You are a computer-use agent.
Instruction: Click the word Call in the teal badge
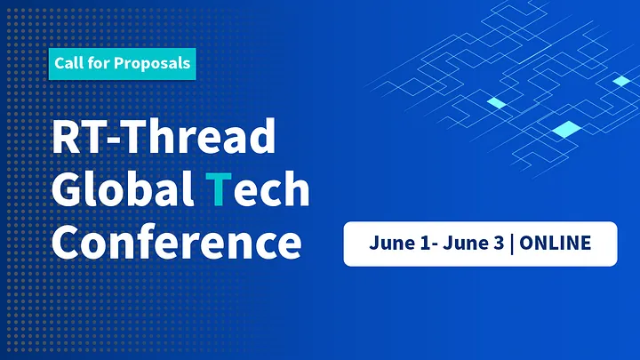coord(68,63)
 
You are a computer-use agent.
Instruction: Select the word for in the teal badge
coord(97,63)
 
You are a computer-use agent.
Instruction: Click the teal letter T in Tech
coord(219,188)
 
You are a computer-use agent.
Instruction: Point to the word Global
coord(123,188)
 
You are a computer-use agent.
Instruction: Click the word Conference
coord(176,241)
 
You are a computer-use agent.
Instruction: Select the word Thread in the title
coord(200,135)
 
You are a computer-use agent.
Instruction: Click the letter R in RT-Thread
coord(66,136)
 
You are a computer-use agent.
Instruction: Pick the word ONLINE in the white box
coord(555,243)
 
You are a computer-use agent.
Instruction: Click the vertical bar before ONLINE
coord(512,244)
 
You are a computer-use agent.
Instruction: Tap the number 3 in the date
coord(499,243)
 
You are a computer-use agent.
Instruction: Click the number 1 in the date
coord(425,243)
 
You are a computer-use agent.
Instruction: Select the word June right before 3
coord(466,243)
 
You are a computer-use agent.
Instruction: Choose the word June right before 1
coord(392,243)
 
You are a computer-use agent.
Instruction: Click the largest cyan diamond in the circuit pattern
coord(566,129)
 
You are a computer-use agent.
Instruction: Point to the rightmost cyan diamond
coord(621,81)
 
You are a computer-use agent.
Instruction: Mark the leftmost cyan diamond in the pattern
coord(497,103)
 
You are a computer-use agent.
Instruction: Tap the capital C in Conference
coord(65,242)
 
